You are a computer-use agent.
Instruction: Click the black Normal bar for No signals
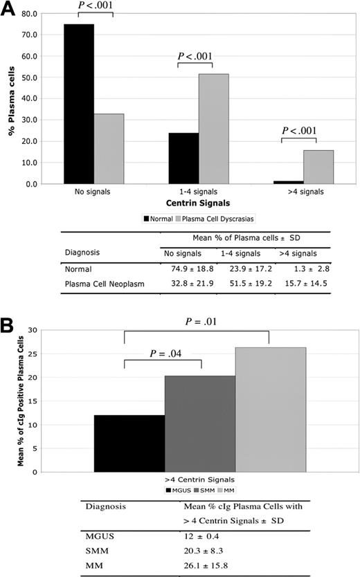(79, 104)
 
